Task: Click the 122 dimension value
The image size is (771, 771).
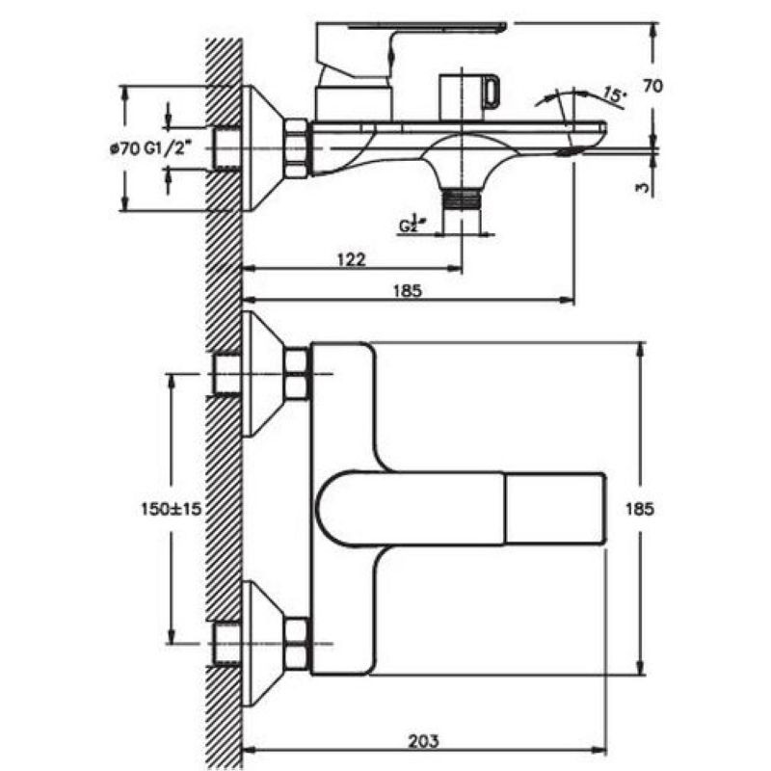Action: (x=352, y=258)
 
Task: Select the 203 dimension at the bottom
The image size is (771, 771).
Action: (x=424, y=741)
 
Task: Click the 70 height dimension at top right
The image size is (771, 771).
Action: (x=652, y=86)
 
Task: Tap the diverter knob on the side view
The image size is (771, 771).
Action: (x=467, y=93)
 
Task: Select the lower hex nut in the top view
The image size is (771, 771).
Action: (x=296, y=644)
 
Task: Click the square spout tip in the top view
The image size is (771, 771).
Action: (x=554, y=508)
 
